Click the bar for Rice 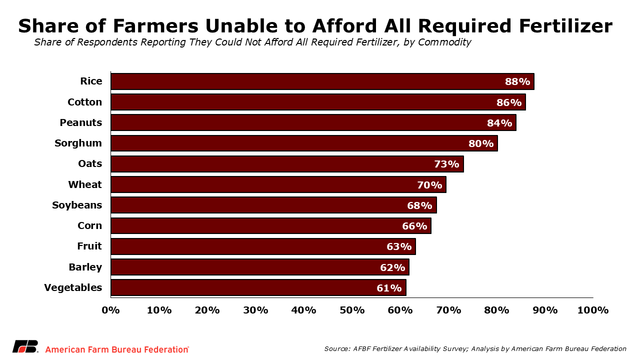300,81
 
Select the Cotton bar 300,102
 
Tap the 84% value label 499,122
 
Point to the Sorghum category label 78,143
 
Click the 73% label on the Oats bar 446,164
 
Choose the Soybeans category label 77,205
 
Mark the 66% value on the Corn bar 414,226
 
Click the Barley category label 85,267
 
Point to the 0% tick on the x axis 110,310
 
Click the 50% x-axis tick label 352,310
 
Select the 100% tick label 592,310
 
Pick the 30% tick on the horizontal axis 255,310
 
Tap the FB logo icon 25,346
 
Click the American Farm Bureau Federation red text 117,349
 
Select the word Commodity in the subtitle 444,42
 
